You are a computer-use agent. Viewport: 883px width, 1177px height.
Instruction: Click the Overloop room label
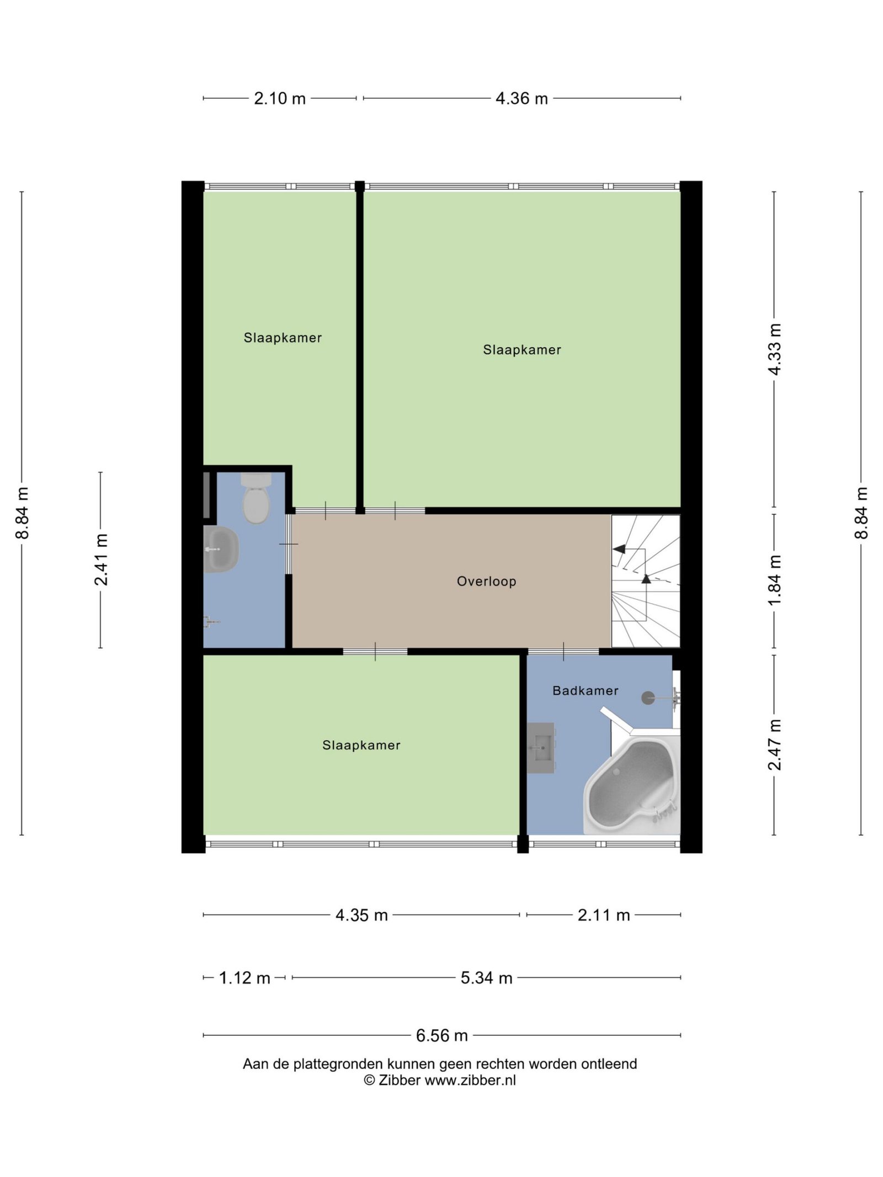click(x=486, y=582)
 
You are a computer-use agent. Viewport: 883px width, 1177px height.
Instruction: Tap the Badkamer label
click(x=585, y=690)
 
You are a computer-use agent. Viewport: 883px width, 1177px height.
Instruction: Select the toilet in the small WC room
click(x=256, y=498)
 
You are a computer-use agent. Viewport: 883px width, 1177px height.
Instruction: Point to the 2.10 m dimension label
click(x=280, y=98)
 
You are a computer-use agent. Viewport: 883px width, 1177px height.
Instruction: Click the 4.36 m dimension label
click(x=522, y=98)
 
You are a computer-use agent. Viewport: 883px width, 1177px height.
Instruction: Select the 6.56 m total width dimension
click(x=441, y=1035)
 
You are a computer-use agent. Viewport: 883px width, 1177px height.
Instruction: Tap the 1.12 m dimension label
click(x=244, y=978)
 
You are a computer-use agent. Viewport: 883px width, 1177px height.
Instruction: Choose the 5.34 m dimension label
click(x=486, y=978)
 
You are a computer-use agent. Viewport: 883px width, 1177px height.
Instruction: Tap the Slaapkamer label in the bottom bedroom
click(x=361, y=745)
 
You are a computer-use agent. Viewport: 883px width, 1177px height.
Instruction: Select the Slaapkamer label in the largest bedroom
click(x=522, y=349)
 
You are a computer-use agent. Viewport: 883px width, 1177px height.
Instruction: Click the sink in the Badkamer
click(x=541, y=748)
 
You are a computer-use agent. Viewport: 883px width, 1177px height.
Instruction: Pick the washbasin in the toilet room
click(x=221, y=549)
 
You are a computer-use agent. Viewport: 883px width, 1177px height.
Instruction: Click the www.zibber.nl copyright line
click(x=440, y=1080)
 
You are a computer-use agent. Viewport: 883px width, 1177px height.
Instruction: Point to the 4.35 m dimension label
click(x=361, y=915)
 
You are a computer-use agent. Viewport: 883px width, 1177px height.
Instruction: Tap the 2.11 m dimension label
click(x=604, y=915)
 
